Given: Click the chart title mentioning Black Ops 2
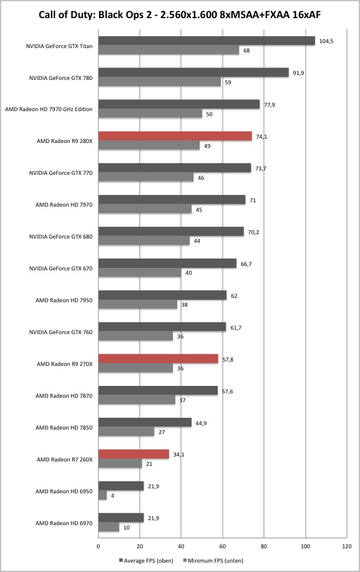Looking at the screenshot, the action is tap(180, 15).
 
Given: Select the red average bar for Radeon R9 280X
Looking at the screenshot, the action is tap(175, 136).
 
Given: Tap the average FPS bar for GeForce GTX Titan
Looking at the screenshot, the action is tap(207, 41).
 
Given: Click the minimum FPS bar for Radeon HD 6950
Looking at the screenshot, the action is tap(102, 495).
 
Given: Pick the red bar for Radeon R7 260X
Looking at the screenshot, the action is tap(134, 454).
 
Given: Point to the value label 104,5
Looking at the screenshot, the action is tap(326, 41).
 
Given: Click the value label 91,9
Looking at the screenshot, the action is tap(298, 73).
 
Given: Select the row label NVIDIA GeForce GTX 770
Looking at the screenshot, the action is tap(61, 173).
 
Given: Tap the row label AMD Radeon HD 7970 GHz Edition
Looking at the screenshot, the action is tap(49, 109).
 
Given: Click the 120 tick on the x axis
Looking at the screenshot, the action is tap(347, 546).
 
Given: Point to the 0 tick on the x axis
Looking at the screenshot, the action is tap(98, 546).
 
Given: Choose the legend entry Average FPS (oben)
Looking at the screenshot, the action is tap(146, 560).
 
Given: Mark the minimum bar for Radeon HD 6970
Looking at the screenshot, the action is tap(109, 527).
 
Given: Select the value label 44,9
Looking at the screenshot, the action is tap(201, 423).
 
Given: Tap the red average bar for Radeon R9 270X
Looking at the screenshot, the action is tap(158, 359).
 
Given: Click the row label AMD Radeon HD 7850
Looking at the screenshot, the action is tap(64, 428).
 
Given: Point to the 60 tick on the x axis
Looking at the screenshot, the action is tap(223, 546).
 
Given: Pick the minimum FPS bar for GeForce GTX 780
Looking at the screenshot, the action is tap(160, 82).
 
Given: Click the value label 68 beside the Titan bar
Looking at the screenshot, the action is tap(246, 51).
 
